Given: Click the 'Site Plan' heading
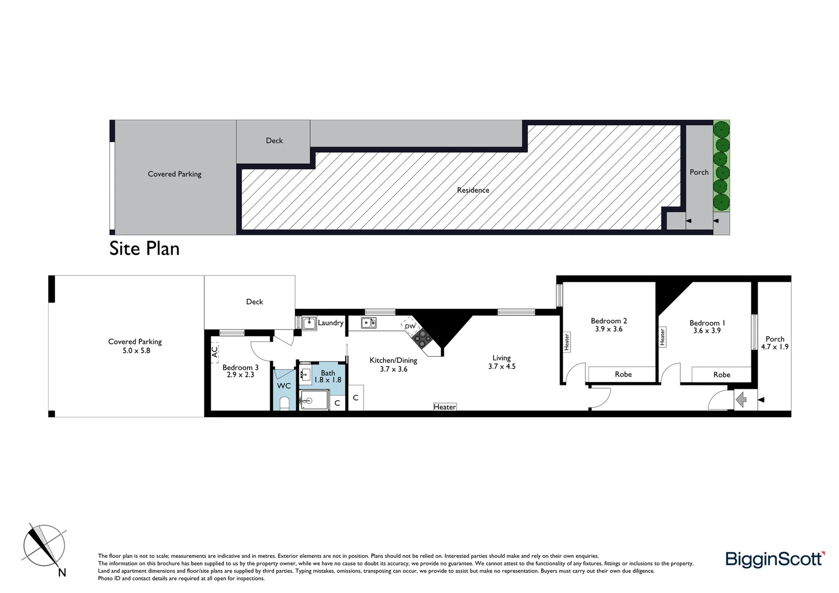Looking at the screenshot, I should [x=144, y=249].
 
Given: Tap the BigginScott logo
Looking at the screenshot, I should [x=775, y=560].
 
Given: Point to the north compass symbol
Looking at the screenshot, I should [x=44, y=547].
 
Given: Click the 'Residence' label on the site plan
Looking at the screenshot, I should [x=473, y=191].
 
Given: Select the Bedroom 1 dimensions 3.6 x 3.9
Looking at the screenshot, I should [x=707, y=331].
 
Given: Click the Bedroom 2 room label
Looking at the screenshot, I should [x=608, y=321].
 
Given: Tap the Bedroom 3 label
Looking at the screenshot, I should [x=240, y=367].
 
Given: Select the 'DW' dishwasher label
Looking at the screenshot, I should [x=410, y=327].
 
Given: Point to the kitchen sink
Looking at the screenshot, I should [x=368, y=323].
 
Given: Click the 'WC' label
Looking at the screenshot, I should [x=283, y=386].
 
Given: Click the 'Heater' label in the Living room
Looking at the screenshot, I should [x=444, y=407].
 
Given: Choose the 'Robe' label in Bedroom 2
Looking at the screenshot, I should [x=623, y=374].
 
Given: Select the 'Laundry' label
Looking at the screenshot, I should [x=331, y=323].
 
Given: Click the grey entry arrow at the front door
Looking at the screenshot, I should [x=741, y=400].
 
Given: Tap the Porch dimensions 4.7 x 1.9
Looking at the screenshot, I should [x=774, y=347].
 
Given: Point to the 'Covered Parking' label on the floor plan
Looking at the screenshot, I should [x=135, y=342].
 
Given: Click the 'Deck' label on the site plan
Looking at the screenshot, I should [x=274, y=141].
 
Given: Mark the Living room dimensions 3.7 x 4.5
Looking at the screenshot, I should [x=501, y=367].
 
